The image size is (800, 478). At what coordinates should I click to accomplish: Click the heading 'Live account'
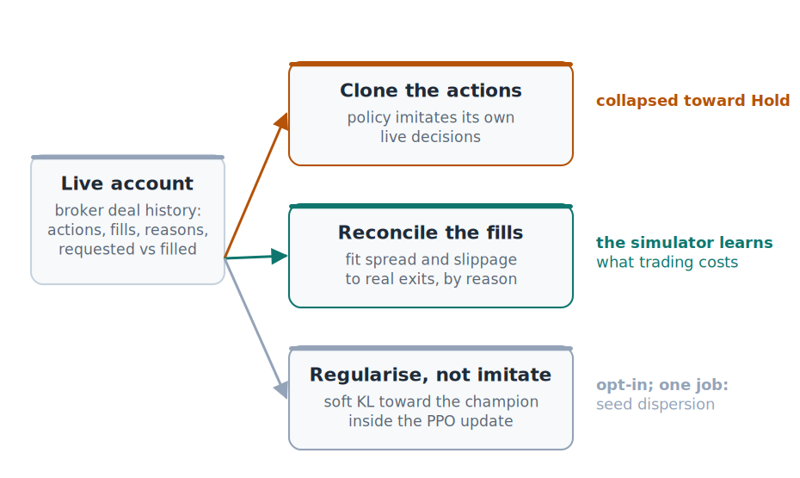[x=127, y=183]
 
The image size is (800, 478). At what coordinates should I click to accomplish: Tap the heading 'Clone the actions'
[x=431, y=90]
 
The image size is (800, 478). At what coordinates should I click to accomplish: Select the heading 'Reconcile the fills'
[x=431, y=233]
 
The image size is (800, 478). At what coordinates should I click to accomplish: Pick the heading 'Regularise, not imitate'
[x=431, y=375]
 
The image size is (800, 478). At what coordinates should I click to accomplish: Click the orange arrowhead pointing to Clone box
[x=282, y=121]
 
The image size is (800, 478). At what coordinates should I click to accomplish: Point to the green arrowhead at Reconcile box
[x=280, y=256]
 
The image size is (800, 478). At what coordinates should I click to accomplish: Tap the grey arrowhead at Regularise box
[x=281, y=389]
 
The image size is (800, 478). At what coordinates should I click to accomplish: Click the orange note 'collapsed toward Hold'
[x=692, y=101]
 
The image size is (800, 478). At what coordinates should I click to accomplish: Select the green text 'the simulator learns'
[x=685, y=243]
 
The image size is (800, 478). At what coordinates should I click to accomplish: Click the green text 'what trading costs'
[x=668, y=262]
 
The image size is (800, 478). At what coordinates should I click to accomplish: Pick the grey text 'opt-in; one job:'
[x=662, y=384]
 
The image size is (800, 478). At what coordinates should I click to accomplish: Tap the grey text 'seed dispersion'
[x=655, y=404]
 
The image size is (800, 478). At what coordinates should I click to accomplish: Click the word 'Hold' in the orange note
[x=770, y=101]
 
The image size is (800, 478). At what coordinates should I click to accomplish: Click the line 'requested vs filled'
[x=127, y=249]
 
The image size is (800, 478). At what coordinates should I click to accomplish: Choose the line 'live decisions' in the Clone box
[x=431, y=137]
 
